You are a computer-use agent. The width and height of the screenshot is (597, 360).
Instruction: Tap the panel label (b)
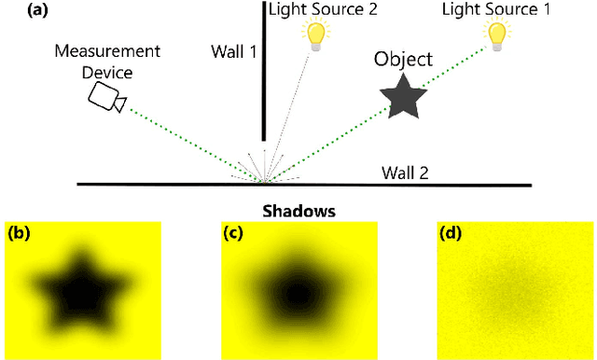[19, 232]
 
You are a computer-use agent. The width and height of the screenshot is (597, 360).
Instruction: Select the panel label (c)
[235, 232]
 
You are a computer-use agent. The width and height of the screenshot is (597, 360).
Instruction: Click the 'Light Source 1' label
[495, 9]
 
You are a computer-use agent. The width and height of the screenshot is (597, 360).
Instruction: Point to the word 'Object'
[403, 60]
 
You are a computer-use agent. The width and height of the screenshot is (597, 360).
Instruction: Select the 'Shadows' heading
[298, 211]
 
